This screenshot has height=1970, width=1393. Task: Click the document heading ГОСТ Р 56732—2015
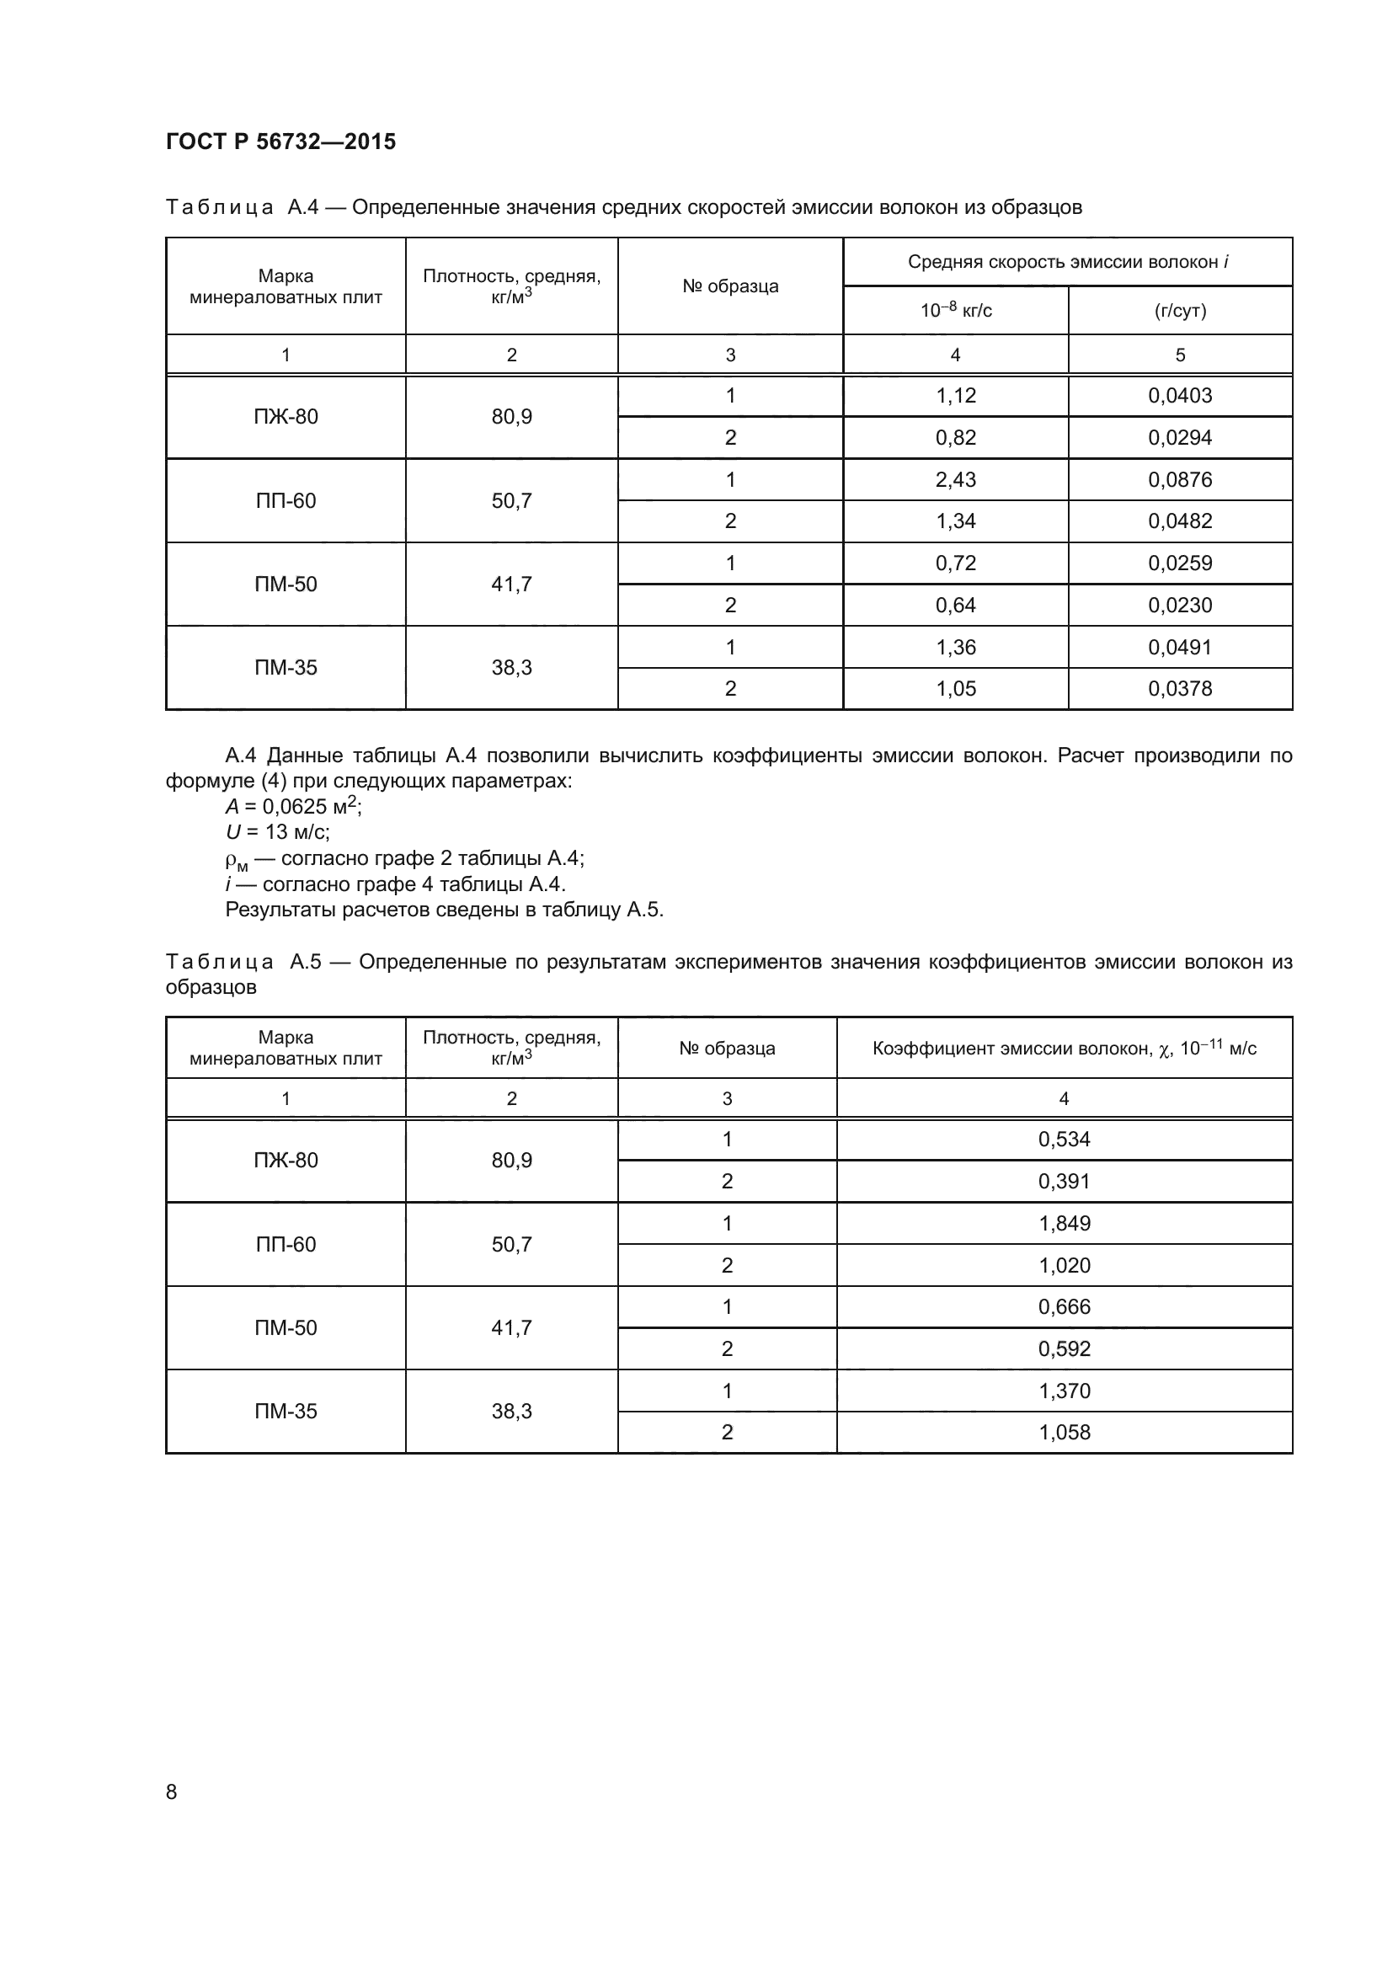pos(280,141)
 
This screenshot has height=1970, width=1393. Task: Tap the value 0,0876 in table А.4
pos(1179,479)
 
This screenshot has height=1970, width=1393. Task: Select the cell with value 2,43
pos(956,479)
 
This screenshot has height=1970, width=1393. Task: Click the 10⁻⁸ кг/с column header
pos(956,311)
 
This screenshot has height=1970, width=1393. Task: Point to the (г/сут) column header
pos(1179,311)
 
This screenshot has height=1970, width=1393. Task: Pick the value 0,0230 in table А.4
pos(1179,606)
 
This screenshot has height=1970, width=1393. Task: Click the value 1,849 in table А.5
pos(1064,1224)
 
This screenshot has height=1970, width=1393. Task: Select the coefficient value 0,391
pos(1064,1182)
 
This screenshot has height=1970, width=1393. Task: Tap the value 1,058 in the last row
pos(1064,1432)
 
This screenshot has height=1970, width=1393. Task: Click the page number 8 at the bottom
pos(172,1791)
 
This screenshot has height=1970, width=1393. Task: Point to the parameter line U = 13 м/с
pos(277,831)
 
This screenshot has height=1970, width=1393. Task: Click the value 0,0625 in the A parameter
pos(295,807)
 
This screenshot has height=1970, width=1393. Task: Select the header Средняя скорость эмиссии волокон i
pos(1067,262)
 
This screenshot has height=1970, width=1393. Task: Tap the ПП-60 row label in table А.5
pos(286,1244)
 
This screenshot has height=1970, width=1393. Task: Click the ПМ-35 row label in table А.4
pos(286,668)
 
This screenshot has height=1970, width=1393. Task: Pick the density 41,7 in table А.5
pos(511,1328)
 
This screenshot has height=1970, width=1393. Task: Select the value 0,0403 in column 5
pos(1179,396)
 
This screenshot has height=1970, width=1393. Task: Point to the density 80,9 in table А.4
pos(511,417)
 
